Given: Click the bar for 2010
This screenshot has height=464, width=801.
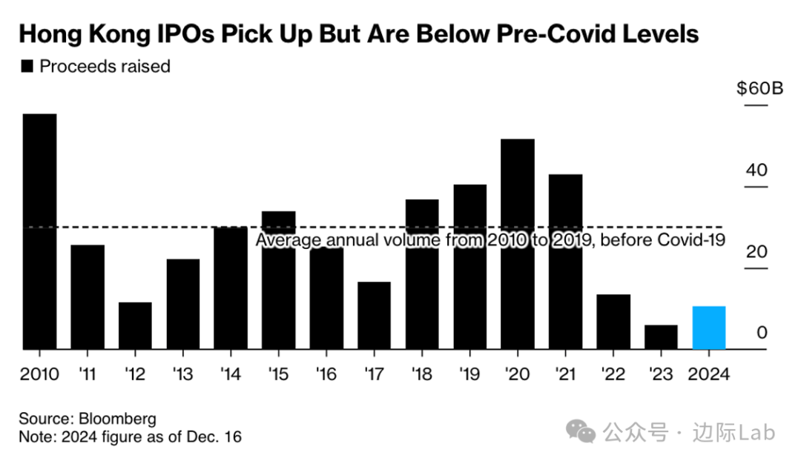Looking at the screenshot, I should click(39, 231).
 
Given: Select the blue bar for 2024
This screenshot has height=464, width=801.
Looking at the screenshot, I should click(708, 327).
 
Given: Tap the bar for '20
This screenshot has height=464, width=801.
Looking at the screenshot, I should click(518, 244).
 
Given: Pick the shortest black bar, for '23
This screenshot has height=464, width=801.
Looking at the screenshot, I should click(661, 337).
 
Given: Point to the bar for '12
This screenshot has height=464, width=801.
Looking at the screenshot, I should click(135, 325).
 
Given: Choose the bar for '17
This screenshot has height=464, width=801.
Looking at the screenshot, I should click(374, 315).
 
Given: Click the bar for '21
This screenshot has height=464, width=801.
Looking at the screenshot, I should click(565, 262).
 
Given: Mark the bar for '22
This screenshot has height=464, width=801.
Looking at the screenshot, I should click(613, 322).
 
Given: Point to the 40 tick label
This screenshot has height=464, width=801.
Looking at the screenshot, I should click(756, 170).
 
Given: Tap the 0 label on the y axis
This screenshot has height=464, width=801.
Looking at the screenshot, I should click(761, 333).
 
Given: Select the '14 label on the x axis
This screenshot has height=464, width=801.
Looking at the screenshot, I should click(230, 374).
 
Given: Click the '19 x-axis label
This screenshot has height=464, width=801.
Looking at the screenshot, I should click(469, 374).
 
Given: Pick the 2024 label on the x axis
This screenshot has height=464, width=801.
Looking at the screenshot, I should click(708, 374).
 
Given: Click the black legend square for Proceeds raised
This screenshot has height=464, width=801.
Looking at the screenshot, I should click(27, 67).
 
